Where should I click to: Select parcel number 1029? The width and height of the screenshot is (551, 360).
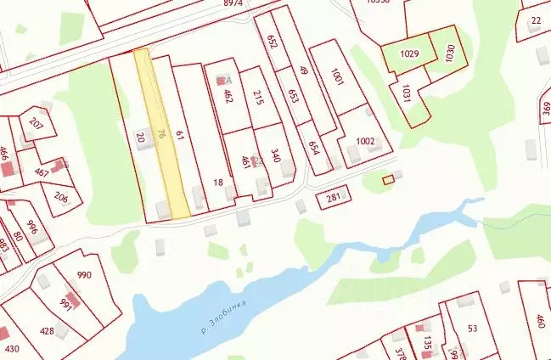coord(410,53)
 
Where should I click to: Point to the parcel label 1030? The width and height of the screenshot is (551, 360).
coord(449,52)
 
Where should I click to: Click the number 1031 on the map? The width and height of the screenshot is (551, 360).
coord(407,93)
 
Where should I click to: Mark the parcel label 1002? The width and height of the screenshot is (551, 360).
coord(365,141)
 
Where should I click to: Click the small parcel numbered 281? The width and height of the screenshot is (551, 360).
coord(333,200)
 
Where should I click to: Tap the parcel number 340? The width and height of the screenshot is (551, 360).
coord(275,156)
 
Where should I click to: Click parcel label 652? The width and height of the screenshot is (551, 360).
coord(273,42)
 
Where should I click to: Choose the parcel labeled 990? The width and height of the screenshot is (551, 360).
coord(84,275)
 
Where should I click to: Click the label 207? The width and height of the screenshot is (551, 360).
coord(36,123)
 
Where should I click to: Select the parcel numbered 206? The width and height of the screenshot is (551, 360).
coord(61,198)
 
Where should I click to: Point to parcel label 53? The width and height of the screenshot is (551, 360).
coord(473,329)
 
